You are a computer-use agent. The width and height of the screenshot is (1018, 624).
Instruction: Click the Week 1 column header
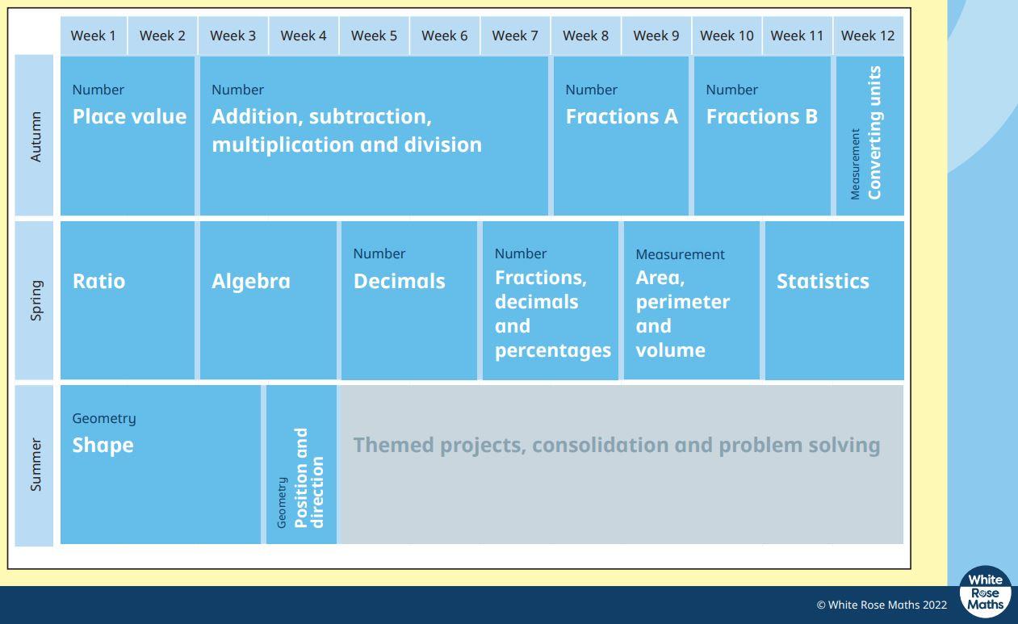(x=93, y=36)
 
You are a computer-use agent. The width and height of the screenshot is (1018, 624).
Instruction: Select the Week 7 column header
(x=515, y=36)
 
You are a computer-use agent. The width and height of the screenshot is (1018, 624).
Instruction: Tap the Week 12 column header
(x=868, y=36)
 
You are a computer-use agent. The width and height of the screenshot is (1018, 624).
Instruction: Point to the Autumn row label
(x=36, y=136)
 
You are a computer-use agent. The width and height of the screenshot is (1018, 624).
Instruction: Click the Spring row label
(x=36, y=300)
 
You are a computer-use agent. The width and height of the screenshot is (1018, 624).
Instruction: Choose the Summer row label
(x=36, y=464)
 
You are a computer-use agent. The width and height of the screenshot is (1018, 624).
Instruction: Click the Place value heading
(x=129, y=117)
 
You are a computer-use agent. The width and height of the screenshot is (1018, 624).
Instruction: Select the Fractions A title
(x=622, y=117)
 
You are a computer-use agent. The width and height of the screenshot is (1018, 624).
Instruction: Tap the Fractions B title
(x=762, y=117)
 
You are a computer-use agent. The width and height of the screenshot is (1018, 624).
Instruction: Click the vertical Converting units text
(x=874, y=132)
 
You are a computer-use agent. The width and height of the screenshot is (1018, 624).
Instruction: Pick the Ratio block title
(x=99, y=281)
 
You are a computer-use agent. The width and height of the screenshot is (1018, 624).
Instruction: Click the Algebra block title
(x=251, y=281)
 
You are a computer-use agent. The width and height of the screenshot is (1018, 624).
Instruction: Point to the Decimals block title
(x=400, y=281)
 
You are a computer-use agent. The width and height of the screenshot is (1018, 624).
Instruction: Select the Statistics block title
(x=823, y=281)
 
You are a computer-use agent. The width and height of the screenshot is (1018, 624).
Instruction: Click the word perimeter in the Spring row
(x=683, y=302)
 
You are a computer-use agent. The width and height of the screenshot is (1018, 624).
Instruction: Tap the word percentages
(x=553, y=351)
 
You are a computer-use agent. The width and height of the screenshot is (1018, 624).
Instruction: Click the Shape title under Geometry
(x=103, y=446)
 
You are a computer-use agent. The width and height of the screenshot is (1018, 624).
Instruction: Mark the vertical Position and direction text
(x=309, y=478)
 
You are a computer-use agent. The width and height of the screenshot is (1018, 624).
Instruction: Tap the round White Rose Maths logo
(x=985, y=592)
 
